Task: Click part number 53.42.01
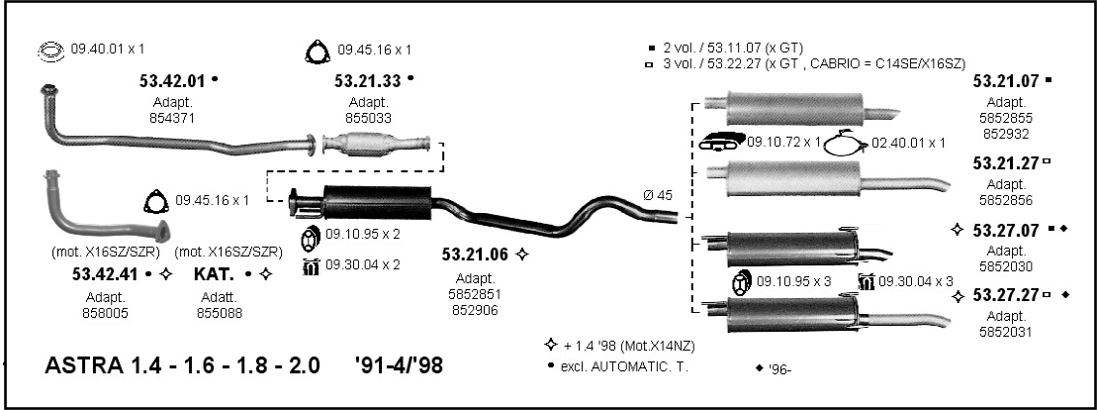tap(172, 80)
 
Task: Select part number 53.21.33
tap(367, 80)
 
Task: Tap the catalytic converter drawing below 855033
tap(377, 144)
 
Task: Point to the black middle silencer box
tap(377, 203)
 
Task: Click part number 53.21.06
tap(475, 255)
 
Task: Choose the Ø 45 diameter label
tap(658, 195)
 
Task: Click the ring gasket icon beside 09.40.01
tap(50, 51)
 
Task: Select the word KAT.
tap(214, 274)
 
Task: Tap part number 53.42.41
tap(105, 274)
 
